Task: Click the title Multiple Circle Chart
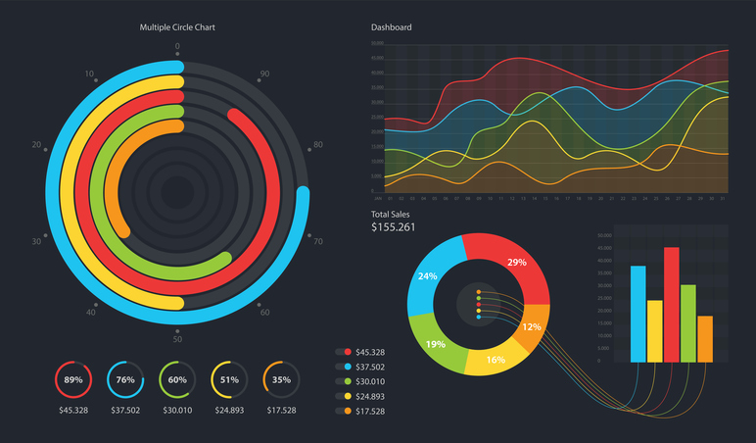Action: (x=177, y=27)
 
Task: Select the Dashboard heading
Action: (x=391, y=27)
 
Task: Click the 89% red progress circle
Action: (x=72, y=379)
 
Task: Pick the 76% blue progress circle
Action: (x=125, y=379)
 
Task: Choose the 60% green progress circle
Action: (x=177, y=379)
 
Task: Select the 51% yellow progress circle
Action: (x=229, y=379)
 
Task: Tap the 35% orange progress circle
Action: (x=281, y=379)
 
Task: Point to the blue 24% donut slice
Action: (x=431, y=279)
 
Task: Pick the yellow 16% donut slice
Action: (x=495, y=358)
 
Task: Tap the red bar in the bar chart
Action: (x=671, y=304)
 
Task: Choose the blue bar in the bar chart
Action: (x=638, y=314)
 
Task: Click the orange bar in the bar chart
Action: (x=705, y=338)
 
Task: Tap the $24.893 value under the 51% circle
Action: (x=229, y=410)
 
